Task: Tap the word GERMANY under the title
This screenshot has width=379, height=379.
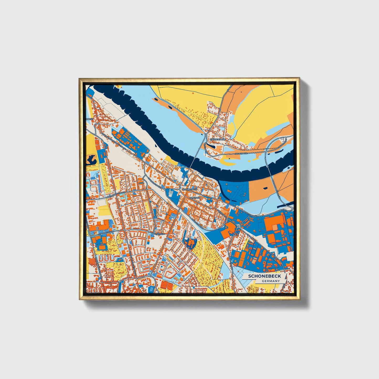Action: [x=271, y=281]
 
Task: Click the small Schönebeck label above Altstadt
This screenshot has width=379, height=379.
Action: [x=189, y=189]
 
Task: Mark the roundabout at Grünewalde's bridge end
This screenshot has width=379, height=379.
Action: [x=206, y=135]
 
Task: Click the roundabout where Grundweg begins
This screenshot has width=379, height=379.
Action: [x=238, y=226]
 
